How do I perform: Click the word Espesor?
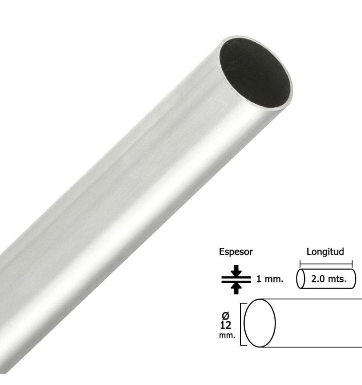click(236, 252)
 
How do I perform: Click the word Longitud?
click(325, 252)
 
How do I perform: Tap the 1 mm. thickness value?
click(270, 279)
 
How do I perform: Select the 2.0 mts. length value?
click(329, 279)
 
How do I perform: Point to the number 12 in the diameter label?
click(226, 325)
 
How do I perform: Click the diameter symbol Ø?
click(225, 316)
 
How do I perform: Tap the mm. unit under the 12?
click(227, 335)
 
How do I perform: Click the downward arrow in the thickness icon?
click(236, 270)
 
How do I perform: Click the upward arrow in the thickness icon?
click(236, 289)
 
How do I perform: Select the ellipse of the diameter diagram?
click(244, 323)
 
